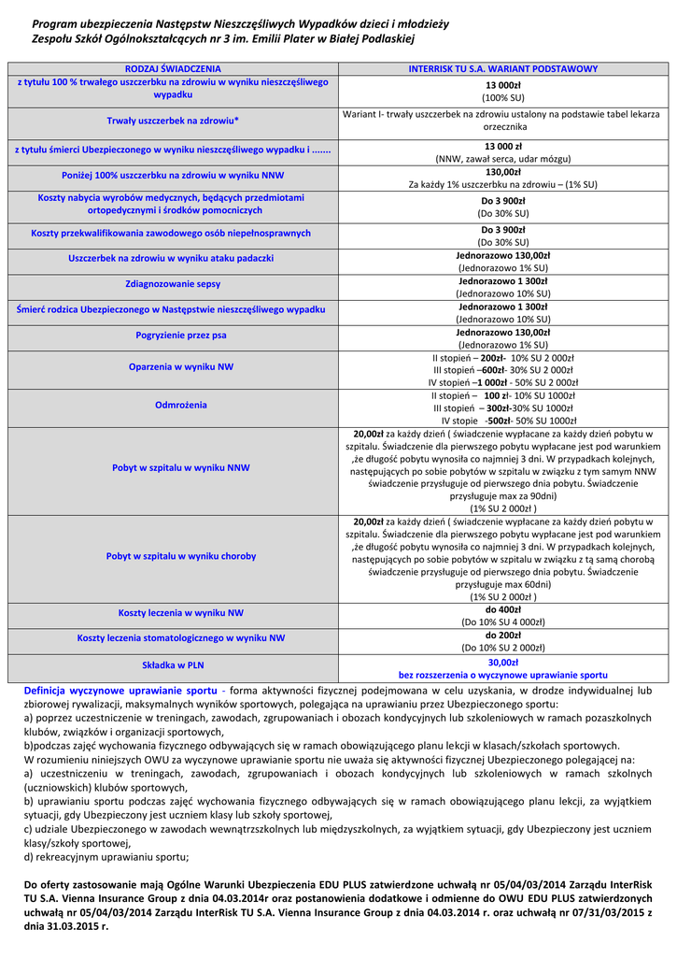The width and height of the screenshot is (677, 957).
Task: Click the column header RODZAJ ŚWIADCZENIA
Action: tap(173, 69)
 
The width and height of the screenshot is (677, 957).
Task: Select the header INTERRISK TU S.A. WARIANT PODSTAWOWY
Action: tap(502, 69)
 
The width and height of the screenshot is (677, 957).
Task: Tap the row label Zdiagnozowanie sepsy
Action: tap(173, 283)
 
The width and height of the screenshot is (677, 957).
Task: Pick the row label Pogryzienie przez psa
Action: tap(173, 335)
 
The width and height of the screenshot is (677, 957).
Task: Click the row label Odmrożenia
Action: tap(173, 406)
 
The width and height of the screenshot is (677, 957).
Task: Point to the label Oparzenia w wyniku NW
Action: tap(173, 367)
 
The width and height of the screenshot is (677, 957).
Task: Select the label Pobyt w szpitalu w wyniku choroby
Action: tap(173, 556)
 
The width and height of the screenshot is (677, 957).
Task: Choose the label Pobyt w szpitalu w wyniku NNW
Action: tap(173, 467)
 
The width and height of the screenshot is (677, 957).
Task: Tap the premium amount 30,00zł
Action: tap(502, 661)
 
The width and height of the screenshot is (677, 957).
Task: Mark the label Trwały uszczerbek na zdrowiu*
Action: tap(173, 121)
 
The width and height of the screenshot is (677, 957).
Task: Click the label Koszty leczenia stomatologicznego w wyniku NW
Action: tap(173, 638)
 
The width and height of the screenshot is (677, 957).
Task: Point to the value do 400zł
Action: tap(502, 609)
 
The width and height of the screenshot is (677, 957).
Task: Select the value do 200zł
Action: tap(502, 635)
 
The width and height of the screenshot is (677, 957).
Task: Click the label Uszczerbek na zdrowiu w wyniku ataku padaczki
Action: tap(173, 258)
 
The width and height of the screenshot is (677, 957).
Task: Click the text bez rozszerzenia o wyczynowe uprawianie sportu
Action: tap(502, 674)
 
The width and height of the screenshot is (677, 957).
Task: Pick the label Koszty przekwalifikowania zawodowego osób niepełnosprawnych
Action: tap(173, 233)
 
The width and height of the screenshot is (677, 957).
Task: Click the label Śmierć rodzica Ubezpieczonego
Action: tap(173, 308)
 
